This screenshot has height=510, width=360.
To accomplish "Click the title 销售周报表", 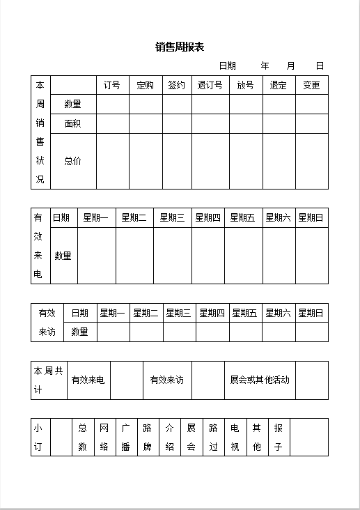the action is click(180, 47).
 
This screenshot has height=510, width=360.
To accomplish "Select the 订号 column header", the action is click(112, 85).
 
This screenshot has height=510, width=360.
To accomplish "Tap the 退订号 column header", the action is click(210, 85).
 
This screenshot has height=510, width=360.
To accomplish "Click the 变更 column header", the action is click(311, 85).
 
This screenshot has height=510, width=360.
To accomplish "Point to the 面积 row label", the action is click(72, 123).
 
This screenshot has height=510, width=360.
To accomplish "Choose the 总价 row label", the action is click(72, 161).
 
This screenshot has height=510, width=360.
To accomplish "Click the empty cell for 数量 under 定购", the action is click(146, 104).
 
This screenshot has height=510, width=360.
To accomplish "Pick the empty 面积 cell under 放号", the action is click(246, 123).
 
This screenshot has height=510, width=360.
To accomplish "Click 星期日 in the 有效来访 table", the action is click(311, 313).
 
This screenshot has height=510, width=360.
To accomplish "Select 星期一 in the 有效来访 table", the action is click(113, 313).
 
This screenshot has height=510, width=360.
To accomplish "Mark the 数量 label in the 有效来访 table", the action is click(79, 332).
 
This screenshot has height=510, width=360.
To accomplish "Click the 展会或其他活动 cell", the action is click(259, 380).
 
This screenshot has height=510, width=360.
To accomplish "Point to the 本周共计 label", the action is click(48, 380).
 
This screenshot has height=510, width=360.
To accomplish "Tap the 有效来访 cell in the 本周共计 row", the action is click(167, 380).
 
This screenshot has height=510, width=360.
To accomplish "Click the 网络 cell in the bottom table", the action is click(104, 437).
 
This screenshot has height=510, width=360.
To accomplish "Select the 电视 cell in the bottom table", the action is click(235, 437).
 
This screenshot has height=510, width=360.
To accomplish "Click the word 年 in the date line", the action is click(265, 65).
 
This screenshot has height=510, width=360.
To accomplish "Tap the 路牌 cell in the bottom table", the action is click(148, 437).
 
